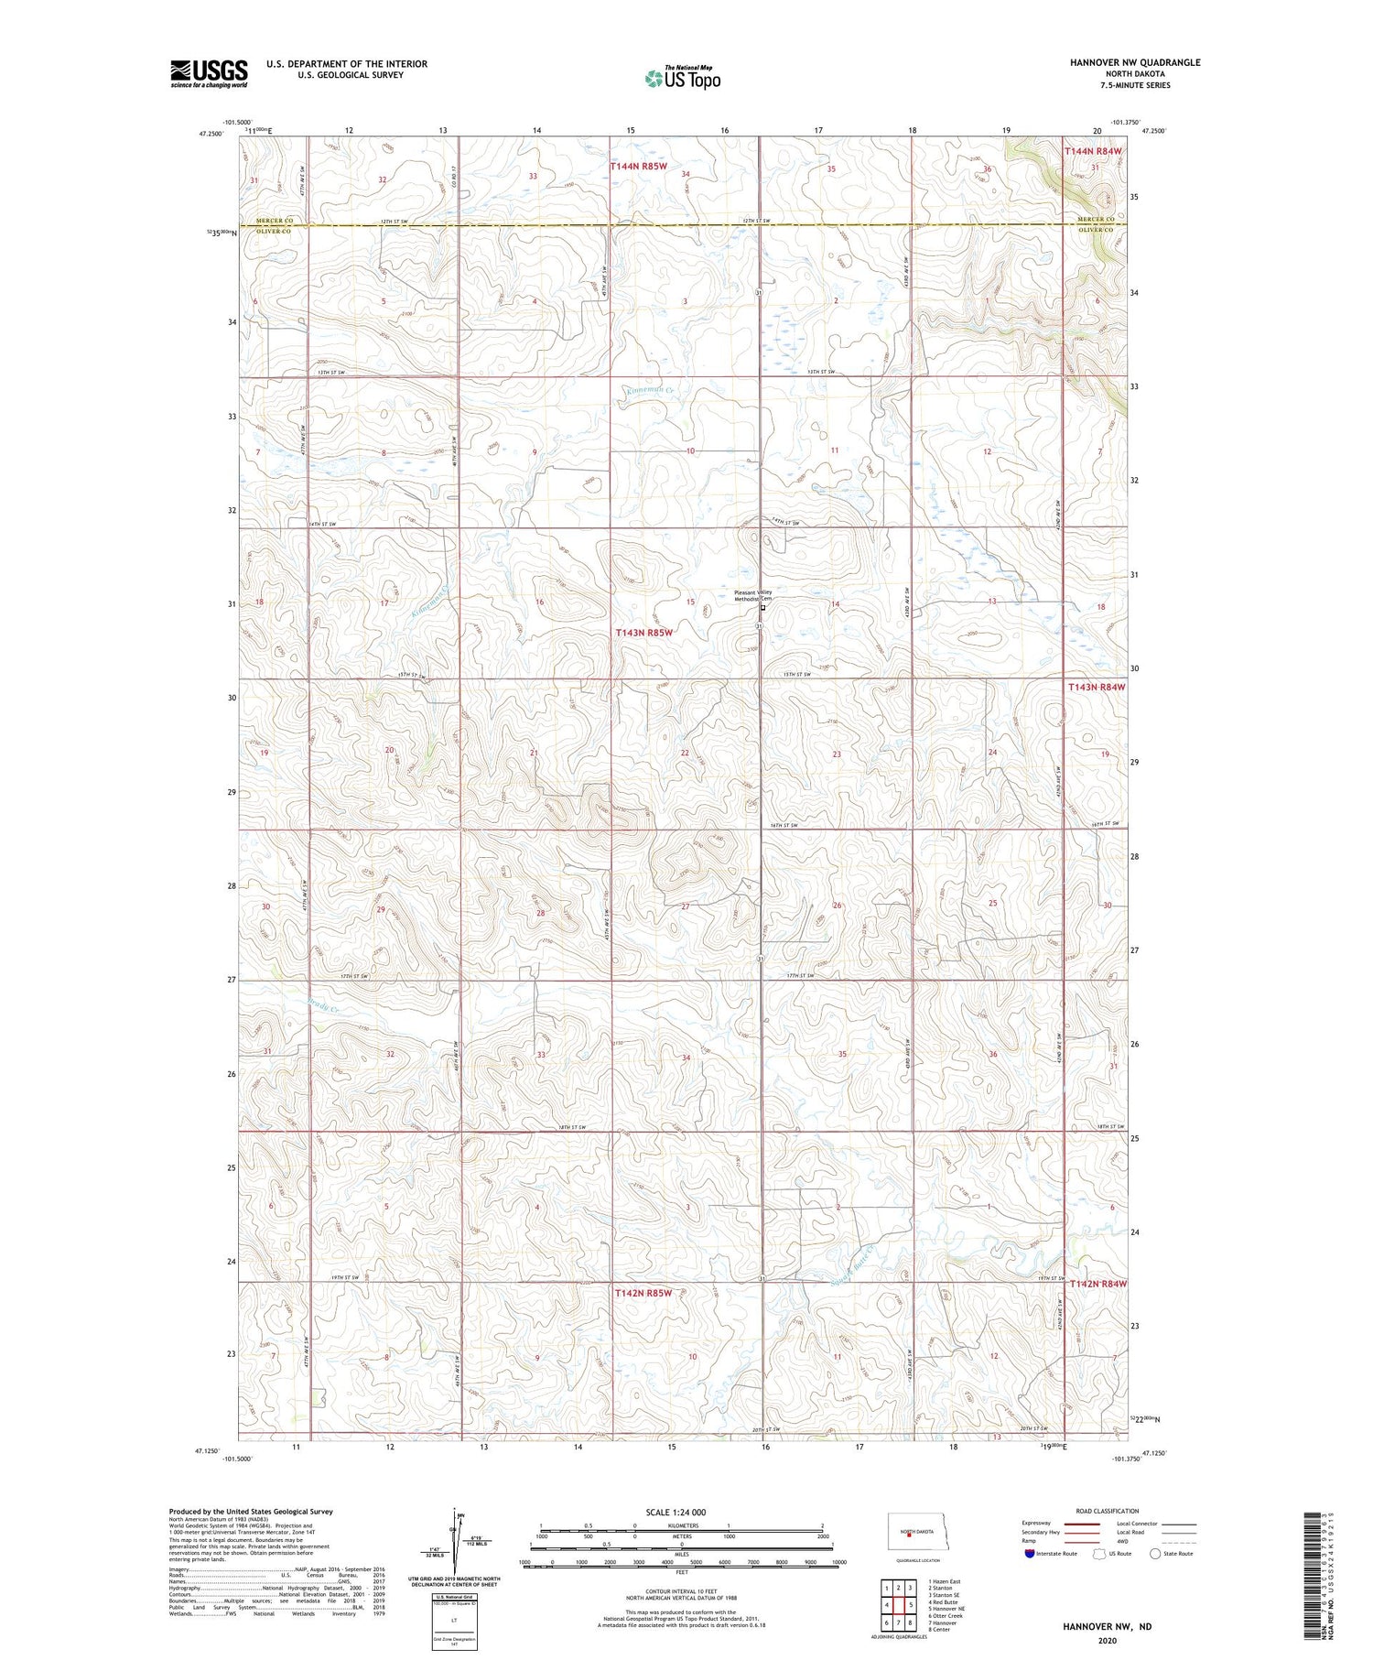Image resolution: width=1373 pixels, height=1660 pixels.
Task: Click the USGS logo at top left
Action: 209,73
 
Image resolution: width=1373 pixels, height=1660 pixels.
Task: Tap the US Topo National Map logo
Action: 682,78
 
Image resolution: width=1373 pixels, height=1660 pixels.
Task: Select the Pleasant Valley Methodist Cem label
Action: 753,595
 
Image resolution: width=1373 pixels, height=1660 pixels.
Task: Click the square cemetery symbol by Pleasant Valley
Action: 762,606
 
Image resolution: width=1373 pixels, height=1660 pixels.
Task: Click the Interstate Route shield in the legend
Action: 1030,1554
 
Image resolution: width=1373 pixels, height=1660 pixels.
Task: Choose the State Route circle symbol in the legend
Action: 1155,1554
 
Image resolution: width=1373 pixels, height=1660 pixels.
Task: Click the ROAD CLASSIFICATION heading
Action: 1108,1511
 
